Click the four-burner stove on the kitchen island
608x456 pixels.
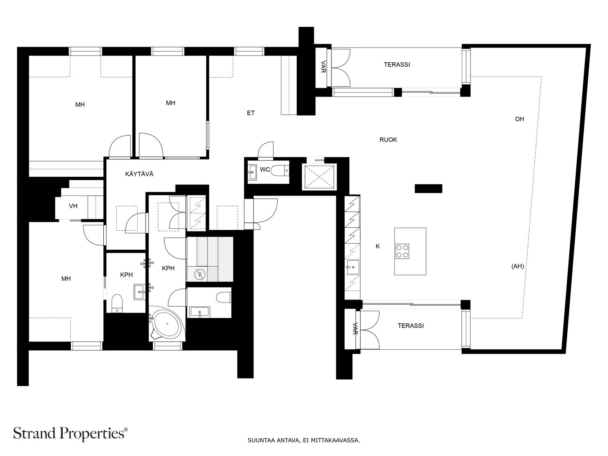[402, 251]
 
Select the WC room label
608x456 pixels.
[265, 169]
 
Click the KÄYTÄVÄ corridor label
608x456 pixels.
[139, 174]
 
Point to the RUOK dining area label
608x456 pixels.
[388, 140]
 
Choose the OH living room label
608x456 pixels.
[519, 119]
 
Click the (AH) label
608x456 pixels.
[518, 266]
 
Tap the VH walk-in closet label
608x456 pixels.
[73, 206]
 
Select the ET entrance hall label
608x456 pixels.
[251, 113]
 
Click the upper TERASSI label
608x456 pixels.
[397, 65]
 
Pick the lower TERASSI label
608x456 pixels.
[411, 326]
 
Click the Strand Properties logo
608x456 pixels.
[71, 433]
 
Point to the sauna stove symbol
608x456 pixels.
[199, 275]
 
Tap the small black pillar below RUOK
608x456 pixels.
[428, 188]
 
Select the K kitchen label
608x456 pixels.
[378, 246]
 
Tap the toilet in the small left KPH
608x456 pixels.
[117, 303]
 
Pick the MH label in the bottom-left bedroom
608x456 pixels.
[66, 279]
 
